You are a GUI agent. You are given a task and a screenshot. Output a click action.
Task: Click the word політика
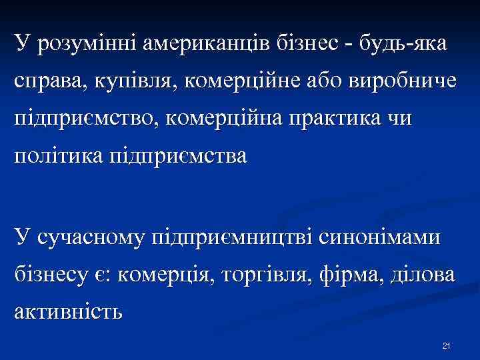coord(59,156)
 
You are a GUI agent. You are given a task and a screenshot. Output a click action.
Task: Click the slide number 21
coord(447,345)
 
